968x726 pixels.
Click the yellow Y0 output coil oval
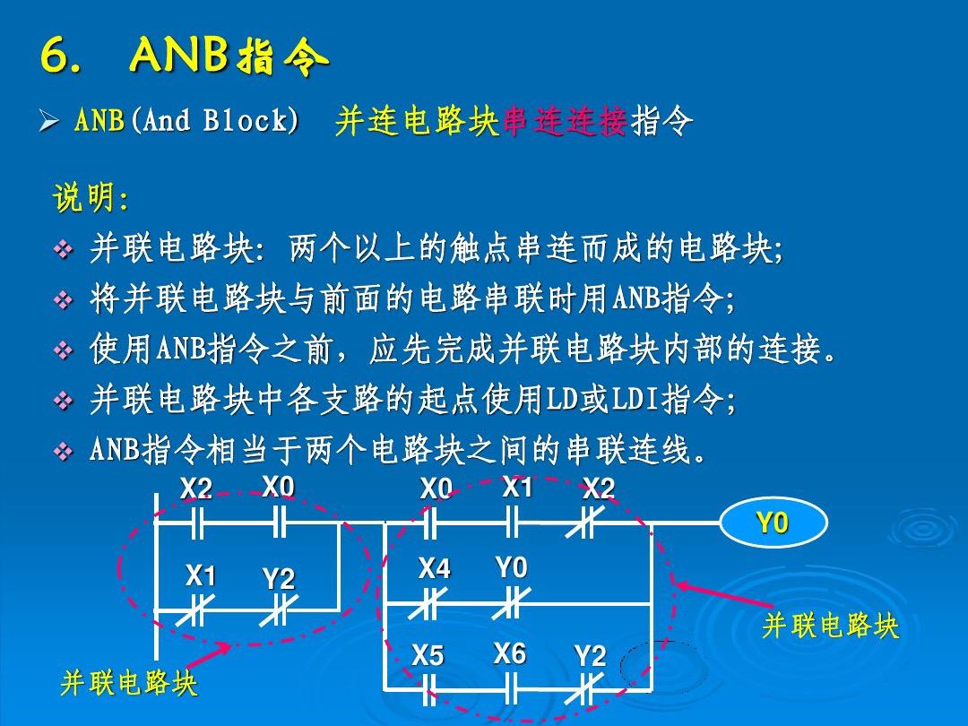(773, 523)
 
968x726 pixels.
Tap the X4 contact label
(435, 569)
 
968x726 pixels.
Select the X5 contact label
(428, 657)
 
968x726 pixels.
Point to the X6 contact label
(509, 654)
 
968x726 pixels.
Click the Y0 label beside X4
(512, 568)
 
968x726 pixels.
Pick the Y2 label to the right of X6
(590, 657)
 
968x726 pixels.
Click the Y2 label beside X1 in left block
(279, 580)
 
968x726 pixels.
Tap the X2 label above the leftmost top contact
(196, 488)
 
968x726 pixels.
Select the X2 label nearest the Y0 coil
(599, 489)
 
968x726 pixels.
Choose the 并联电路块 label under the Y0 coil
(829, 627)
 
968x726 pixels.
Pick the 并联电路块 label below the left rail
(128, 686)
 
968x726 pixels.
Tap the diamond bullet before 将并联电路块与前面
(64, 300)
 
